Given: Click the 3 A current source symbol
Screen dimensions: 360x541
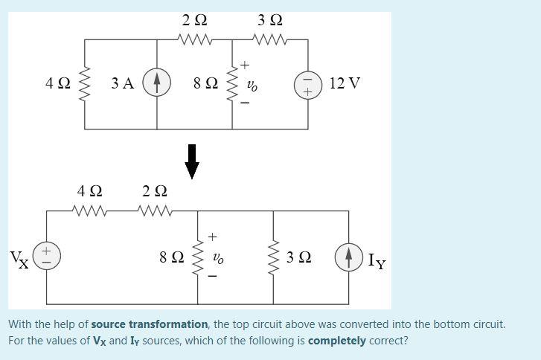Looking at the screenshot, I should pos(157,83).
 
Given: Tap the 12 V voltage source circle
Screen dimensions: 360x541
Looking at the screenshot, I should pos(308,83).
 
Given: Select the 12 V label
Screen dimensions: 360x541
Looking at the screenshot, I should pos(344,83).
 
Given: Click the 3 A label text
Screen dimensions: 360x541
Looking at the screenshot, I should pos(123,83).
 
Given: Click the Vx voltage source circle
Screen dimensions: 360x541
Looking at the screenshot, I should pos(47,257).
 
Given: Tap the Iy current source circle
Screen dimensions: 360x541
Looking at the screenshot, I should pos(348,257).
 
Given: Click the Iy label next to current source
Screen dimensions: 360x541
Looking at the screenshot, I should pos(377,260).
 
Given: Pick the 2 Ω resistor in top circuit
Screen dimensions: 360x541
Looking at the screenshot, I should pos(195,39).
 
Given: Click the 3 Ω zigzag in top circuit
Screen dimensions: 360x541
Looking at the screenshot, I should pos(269,39).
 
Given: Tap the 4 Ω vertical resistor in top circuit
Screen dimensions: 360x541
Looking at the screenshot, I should pos(84,83).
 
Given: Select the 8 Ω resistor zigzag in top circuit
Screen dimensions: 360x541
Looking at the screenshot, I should pos(233,83).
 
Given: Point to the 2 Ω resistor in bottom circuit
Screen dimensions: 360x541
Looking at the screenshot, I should pos(155,211).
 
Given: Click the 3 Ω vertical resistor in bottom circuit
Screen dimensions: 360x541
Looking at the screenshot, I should pos(273,257).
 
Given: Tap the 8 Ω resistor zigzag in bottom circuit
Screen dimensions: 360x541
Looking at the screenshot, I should pos(198,257).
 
